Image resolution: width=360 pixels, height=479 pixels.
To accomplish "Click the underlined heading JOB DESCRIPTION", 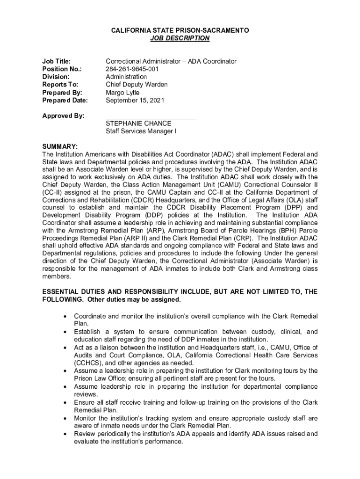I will click(180, 38).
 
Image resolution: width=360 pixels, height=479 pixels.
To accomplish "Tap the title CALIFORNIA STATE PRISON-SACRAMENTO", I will click(180, 30).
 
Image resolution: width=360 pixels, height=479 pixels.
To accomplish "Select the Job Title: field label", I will click(57, 61).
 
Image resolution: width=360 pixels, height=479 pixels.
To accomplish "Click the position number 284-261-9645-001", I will click(132, 69).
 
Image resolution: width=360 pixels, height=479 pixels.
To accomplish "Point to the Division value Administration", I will click(126, 77).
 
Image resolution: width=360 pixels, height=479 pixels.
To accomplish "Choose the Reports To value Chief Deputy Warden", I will click(137, 85).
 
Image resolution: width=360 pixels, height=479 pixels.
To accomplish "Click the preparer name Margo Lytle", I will click(122, 93).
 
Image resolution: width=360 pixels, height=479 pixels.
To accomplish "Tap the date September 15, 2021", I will click(135, 100).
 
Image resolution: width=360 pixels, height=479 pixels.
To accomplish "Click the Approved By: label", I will click(63, 116).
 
